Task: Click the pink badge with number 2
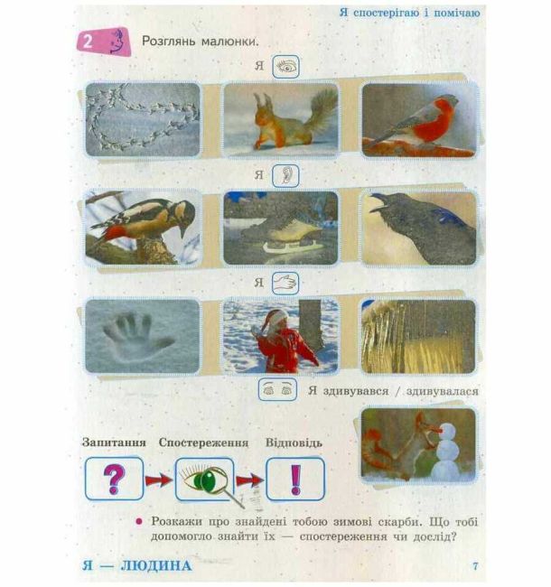coord(104,42)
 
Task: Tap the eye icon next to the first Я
coord(285,67)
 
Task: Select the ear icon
coord(285,175)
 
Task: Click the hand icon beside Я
coord(285,283)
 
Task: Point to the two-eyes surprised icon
coord(277,390)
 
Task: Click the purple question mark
coord(114,479)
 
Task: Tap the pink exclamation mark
coord(295,480)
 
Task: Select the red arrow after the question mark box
coord(159,480)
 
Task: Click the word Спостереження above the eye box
coord(203,443)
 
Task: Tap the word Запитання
coord(114,443)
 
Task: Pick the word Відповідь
coord(294,443)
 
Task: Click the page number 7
coord(475,565)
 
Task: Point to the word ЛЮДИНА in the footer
coord(156,565)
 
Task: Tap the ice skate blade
coord(291,247)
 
